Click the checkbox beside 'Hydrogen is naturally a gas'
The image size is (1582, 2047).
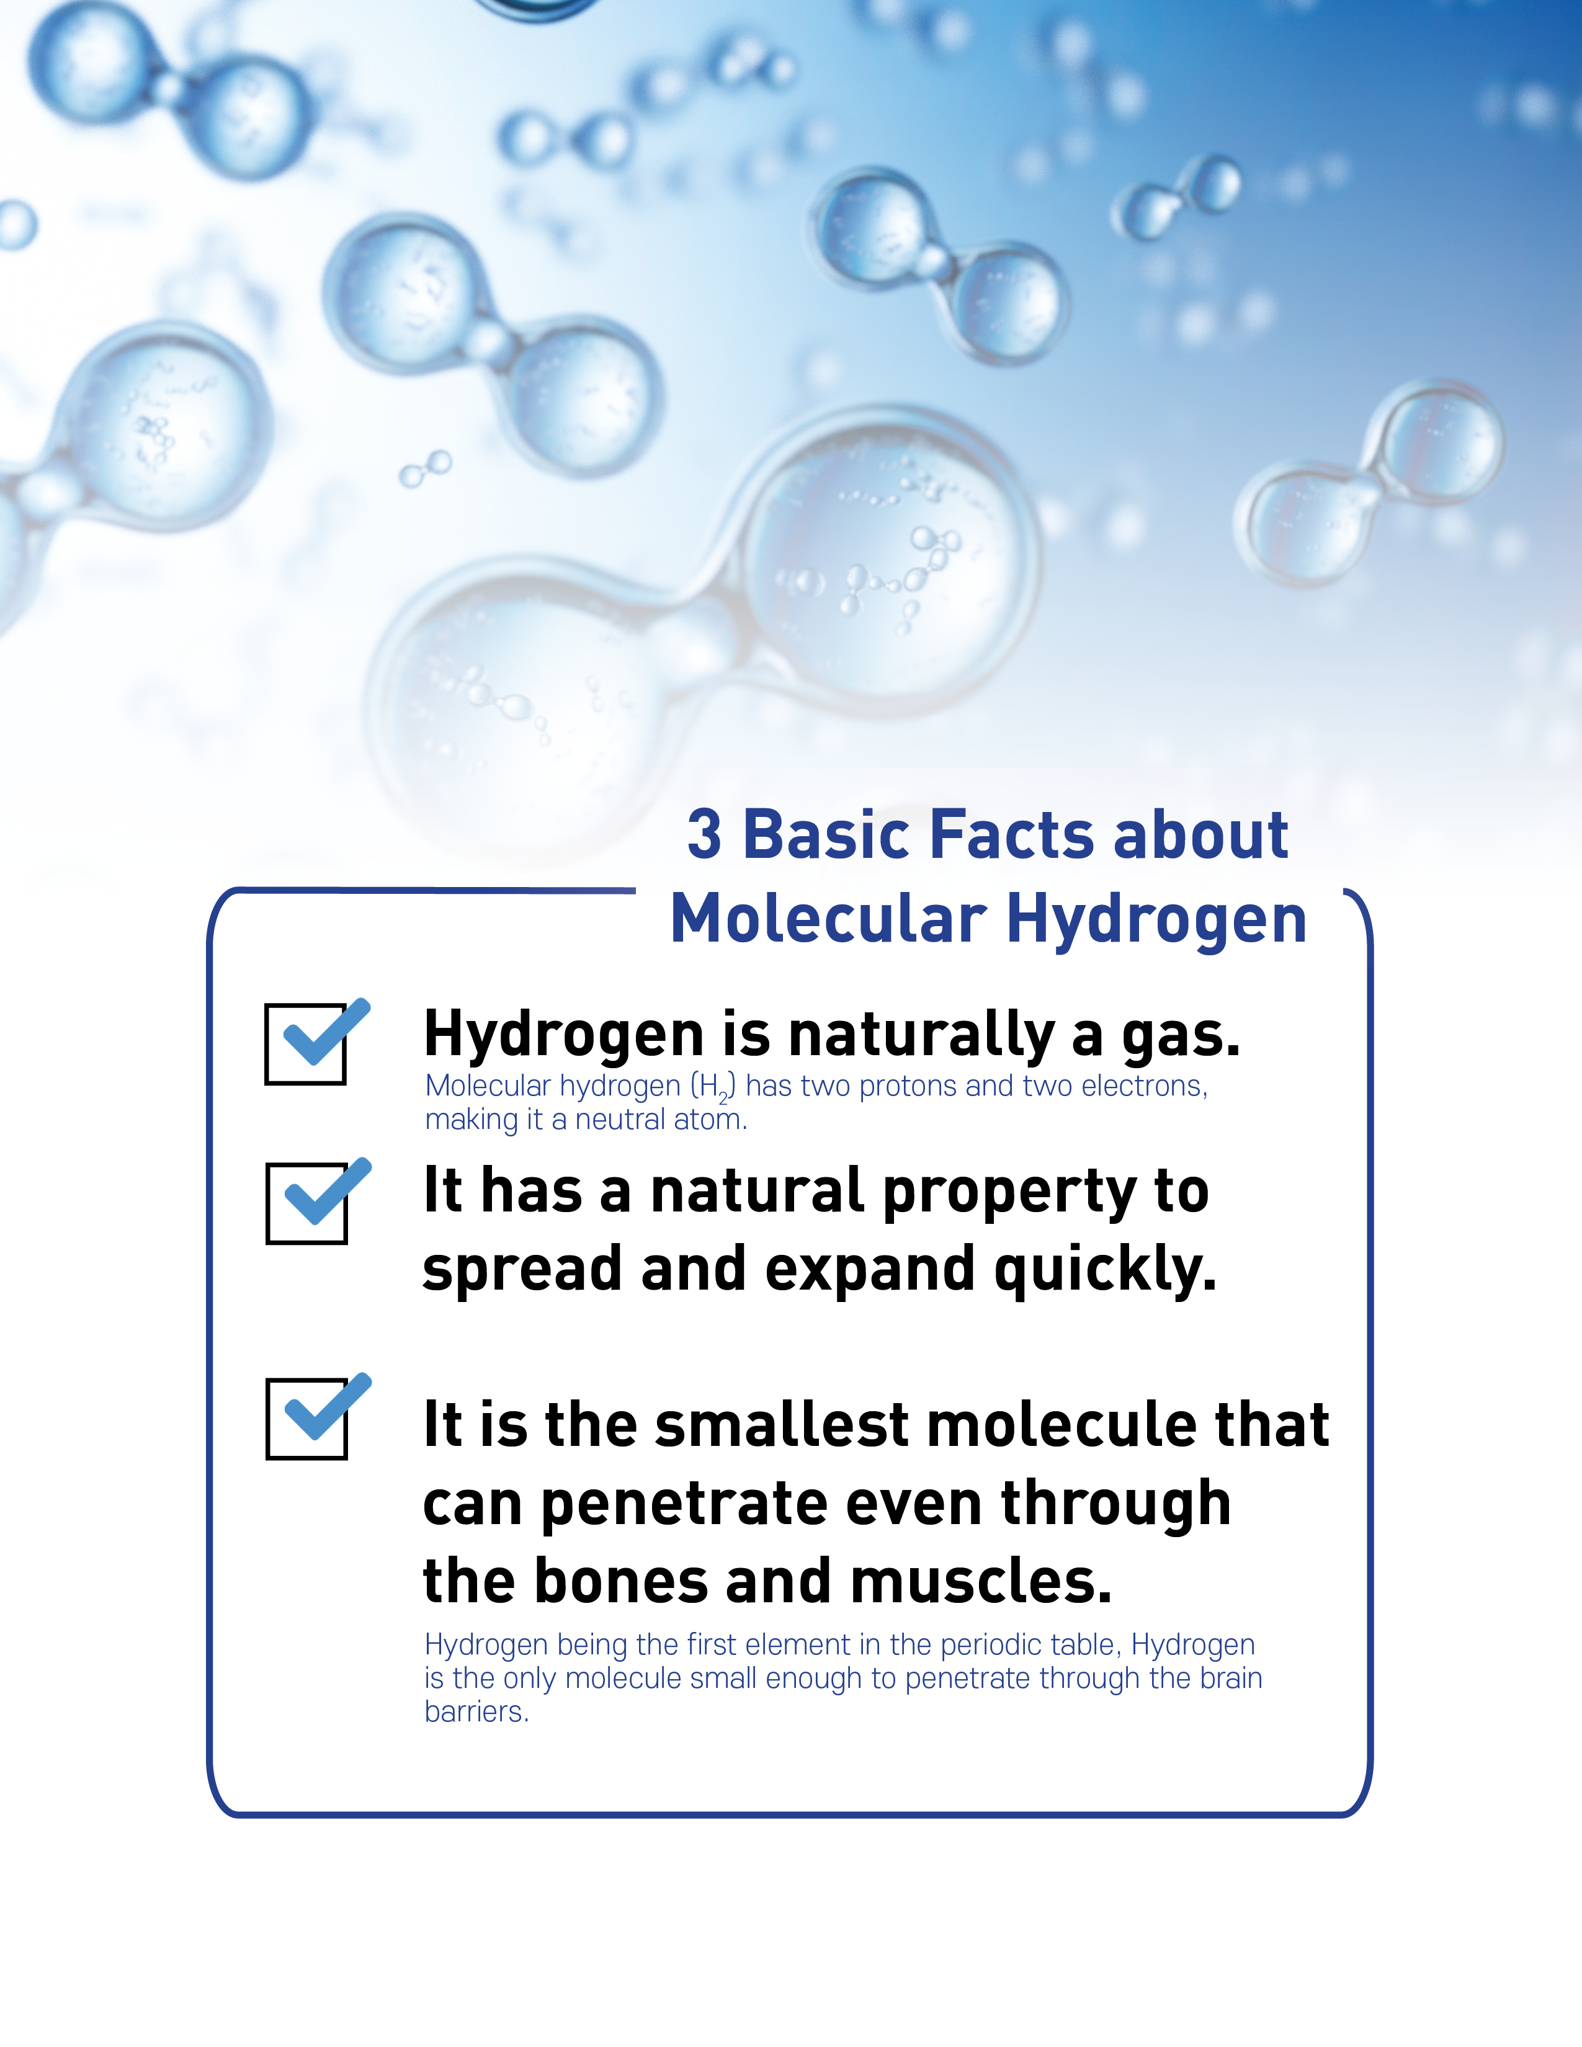point(305,1044)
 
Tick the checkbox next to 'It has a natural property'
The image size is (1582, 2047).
point(306,1203)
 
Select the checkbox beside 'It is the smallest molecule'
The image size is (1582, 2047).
point(306,1418)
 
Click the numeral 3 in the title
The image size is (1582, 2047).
point(704,834)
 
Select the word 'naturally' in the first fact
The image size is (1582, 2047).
point(922,1037)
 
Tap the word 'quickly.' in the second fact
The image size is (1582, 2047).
point(1106,1271)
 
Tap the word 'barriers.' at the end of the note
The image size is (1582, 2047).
point(477,1711)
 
